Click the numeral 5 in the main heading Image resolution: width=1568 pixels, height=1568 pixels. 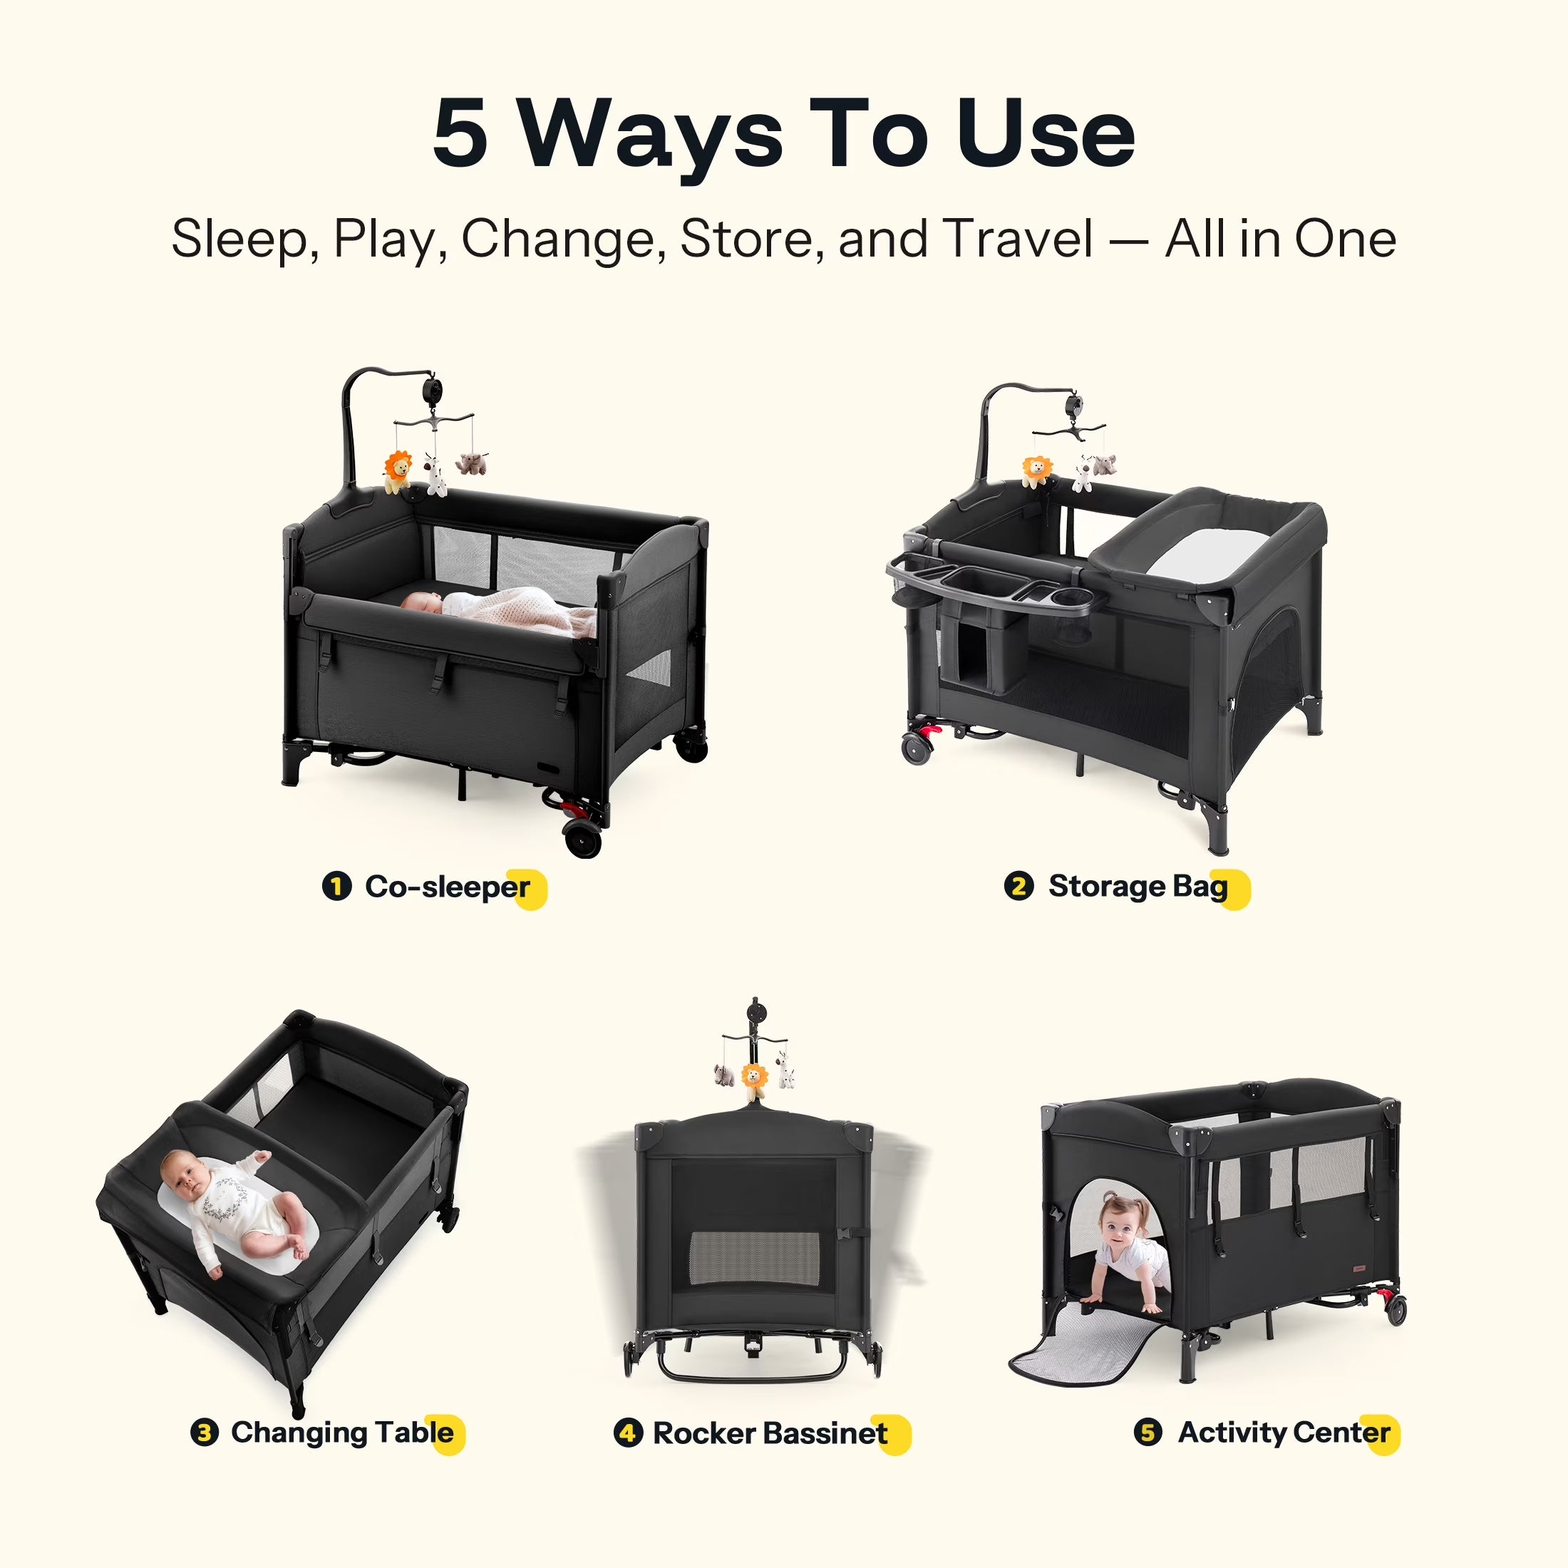coord(460,134)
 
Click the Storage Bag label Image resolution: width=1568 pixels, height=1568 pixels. coord(1138,886)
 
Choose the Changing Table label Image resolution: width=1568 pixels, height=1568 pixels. coord(343,1433)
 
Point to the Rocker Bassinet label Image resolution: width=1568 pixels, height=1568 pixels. coord(770,1433)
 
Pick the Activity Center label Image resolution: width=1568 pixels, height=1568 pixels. coord(1284,1433)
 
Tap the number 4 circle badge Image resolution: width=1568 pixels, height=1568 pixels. coord(628,1433)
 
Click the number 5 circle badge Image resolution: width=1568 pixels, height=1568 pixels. coord(1147,1433)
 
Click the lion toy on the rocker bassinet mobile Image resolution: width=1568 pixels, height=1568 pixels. coord(755,1078)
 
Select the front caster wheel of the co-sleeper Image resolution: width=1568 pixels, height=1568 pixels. coord(584,838)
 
